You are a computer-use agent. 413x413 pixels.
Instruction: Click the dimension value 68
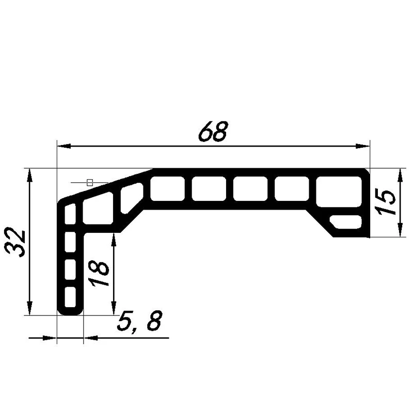point(213,133)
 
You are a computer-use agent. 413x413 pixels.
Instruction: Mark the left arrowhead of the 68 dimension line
point(63,147)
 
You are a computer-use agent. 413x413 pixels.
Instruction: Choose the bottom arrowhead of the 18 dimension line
point(114,308)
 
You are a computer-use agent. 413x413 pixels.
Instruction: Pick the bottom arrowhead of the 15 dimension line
point(402,230)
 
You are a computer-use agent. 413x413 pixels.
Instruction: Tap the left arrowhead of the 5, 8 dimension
point(50,338)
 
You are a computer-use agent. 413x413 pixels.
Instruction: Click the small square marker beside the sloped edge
point(90,182)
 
